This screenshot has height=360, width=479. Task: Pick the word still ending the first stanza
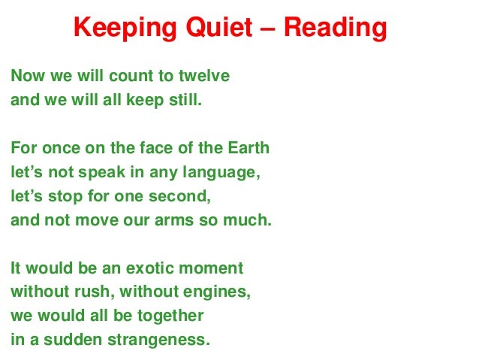coord(185,100)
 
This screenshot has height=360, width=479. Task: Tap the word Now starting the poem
coord(24,76)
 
